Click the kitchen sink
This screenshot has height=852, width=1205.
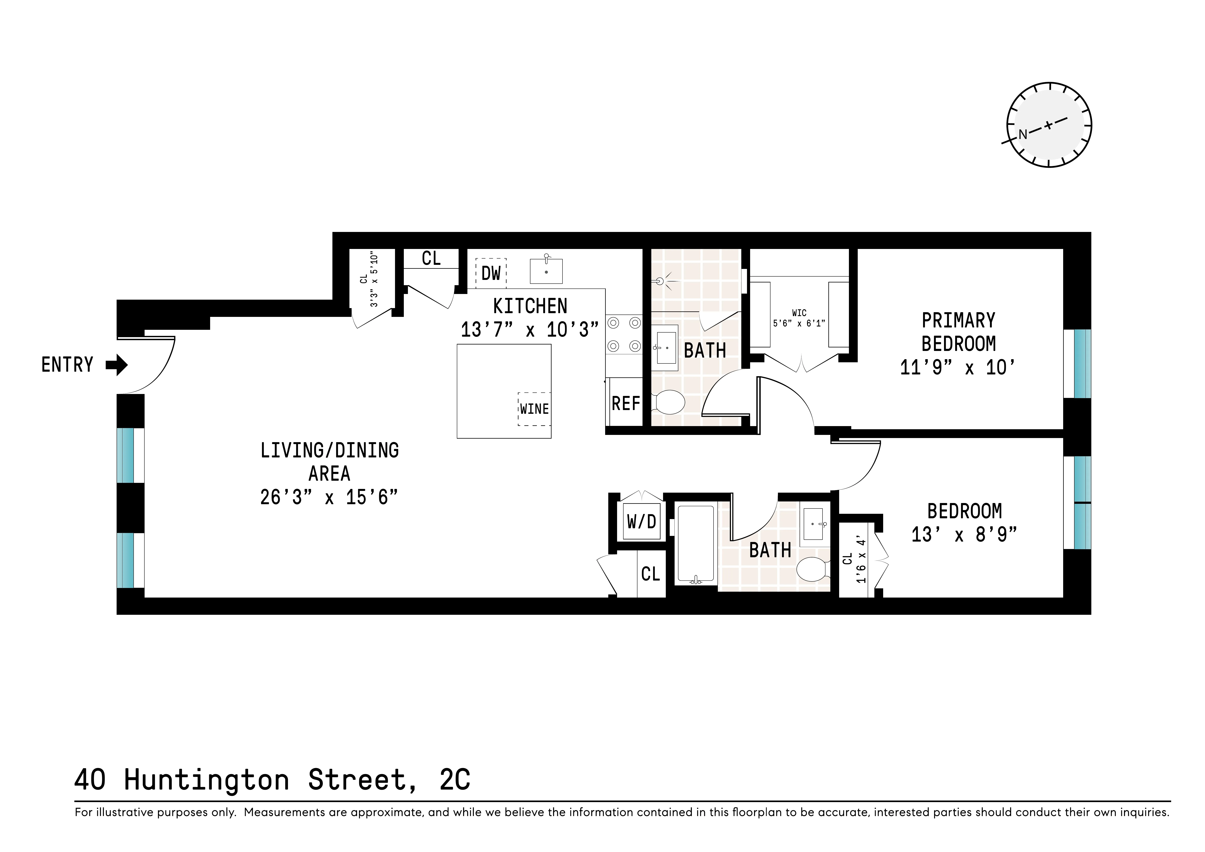click(x=546, y=271)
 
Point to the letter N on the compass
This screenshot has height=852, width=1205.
click(x=1022, y=134)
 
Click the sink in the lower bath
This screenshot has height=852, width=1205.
click(x=813, y=524)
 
